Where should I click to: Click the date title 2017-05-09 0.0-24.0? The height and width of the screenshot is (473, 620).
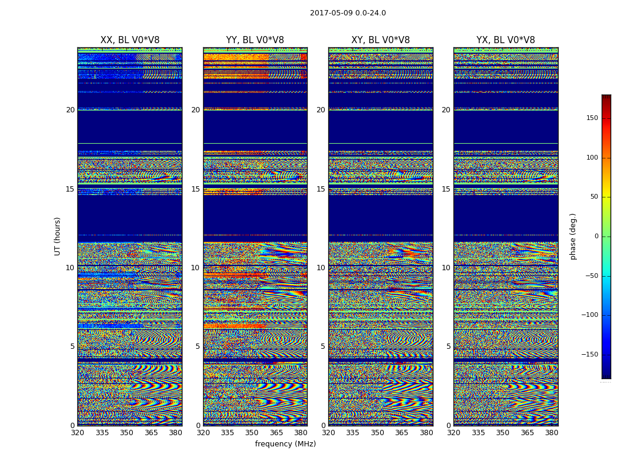348,13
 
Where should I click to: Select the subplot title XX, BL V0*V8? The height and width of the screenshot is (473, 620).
130,40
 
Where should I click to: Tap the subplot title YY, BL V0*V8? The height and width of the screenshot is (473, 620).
255,40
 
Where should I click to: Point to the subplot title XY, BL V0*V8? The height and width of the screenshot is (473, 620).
380,40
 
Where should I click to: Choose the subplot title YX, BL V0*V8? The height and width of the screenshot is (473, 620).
505,40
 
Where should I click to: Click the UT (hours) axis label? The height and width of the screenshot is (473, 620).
57,236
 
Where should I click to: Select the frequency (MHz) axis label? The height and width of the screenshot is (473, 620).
285,444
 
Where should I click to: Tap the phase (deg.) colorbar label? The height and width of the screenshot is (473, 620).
573,236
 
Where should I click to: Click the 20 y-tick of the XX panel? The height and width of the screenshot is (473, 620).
70,110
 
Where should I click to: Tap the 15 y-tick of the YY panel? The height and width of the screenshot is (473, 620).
195,189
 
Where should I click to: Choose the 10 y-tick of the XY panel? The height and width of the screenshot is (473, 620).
321,268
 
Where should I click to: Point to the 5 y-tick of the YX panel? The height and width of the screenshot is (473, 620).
448,346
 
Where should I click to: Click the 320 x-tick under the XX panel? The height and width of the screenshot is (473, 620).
77,433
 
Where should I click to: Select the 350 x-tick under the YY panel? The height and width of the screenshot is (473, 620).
252,433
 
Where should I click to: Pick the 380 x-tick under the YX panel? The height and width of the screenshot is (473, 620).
552,433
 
